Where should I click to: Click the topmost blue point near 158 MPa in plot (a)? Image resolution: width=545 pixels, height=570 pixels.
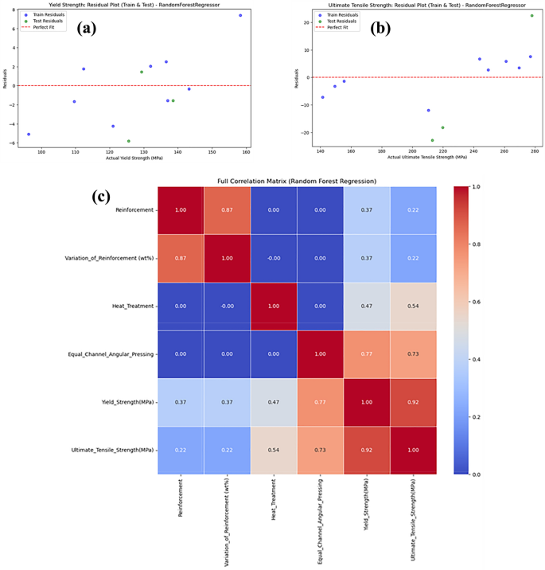(240, 15)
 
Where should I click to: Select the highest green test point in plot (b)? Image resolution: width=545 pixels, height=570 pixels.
(532, 15)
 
